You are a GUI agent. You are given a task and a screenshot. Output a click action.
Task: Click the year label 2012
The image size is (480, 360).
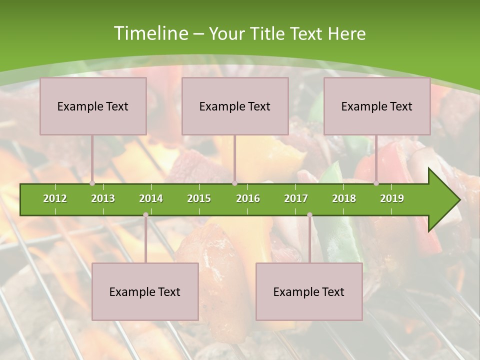point(55,198)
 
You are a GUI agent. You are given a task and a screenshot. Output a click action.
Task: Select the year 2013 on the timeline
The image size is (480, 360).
point(103,198)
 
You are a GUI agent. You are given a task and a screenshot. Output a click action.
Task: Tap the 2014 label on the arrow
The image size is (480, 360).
point(151,198)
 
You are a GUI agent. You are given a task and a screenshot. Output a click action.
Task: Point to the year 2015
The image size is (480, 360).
point(199,198)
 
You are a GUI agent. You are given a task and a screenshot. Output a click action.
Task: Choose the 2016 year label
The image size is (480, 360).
point(248,198)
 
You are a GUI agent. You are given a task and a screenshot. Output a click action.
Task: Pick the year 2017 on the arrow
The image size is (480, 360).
point(296,198)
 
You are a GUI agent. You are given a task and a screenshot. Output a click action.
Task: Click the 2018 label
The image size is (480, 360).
point(344,198)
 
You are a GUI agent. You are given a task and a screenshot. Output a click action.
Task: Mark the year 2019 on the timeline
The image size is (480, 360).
point(392,198)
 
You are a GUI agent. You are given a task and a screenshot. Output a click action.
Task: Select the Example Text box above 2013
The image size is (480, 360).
point(93,106)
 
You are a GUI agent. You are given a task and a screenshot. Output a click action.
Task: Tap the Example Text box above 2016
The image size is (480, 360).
point(235,106)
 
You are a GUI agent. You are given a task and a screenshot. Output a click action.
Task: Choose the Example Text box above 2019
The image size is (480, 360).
point(377,106)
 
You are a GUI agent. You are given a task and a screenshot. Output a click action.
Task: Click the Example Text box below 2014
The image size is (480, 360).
point(145,291)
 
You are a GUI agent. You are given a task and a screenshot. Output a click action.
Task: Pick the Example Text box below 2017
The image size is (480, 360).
point(309,291)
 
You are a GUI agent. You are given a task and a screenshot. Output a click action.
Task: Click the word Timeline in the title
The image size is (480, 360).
point(150,33)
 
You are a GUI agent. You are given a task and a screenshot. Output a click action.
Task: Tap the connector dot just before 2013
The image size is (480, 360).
point(92,183)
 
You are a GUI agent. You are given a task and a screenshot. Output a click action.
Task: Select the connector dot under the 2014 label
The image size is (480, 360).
point(145,214)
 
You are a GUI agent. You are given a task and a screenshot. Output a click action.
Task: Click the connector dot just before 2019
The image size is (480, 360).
point(376,183)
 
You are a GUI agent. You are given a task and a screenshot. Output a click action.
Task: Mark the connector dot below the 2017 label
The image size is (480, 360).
point(309,214)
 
